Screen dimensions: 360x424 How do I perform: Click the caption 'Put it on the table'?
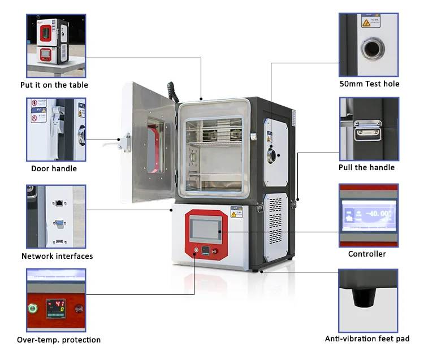[54, 85]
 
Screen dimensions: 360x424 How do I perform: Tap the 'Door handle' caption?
[54, 168]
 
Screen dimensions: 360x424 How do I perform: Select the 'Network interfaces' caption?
[57, 256]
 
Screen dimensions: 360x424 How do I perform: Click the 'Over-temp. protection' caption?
[59, 340]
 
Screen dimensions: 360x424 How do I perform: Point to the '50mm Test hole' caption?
[369, 84]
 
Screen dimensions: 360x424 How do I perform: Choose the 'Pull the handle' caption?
[367, 167]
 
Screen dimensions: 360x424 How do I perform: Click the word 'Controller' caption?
[367, 254]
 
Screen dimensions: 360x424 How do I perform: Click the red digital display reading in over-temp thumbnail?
[55, 306]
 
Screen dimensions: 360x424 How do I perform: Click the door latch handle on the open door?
[123, 139]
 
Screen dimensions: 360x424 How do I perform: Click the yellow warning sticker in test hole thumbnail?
[366, 23]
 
